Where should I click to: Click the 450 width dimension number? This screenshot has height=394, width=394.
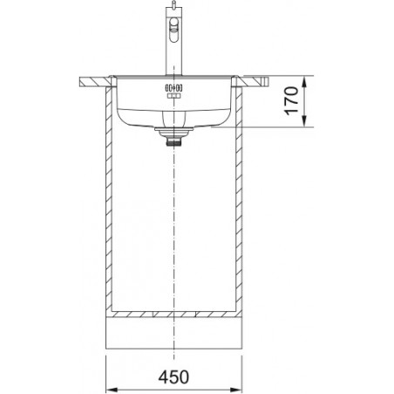(x=173, y=377)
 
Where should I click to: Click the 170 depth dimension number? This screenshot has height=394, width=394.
(x=291, y=100)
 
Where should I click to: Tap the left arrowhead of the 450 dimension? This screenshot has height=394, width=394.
(x=112, y=390)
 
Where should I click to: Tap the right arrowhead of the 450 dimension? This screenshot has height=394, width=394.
(x=236, y=390)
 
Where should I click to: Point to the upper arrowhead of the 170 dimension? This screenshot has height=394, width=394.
(x=304, y=82)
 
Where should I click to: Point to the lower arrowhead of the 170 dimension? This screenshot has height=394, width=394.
(x=304, y=121)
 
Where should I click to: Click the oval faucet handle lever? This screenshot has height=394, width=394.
(x=173, y=29)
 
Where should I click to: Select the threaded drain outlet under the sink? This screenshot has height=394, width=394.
(x=173, y=142)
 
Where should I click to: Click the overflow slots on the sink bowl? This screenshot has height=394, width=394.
(x=173, y=88)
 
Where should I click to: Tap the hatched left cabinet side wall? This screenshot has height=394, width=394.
(x=109, y=199)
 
